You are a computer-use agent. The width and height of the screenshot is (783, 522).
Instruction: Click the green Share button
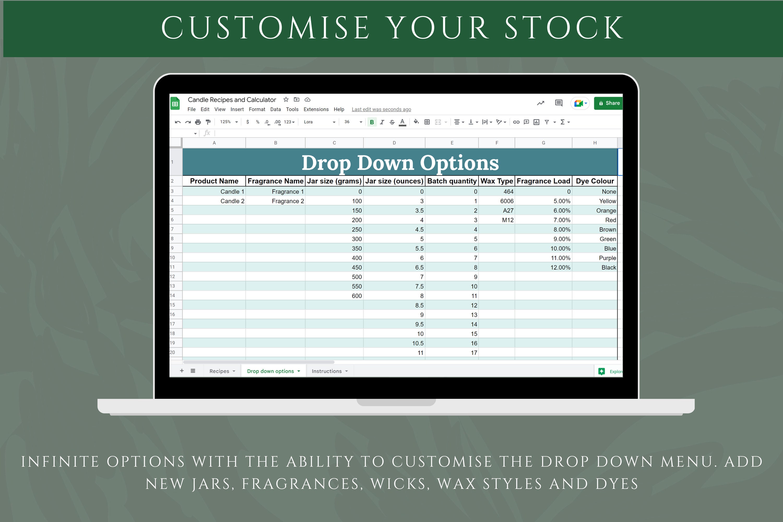pos(609,103)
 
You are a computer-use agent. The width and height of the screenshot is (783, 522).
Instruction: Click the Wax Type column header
pos(497,181)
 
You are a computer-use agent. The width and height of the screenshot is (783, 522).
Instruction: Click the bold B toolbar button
pos(372,122)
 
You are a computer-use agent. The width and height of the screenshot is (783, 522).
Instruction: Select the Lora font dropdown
pos(319,122)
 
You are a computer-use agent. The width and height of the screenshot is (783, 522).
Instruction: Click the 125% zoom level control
pos(228,122)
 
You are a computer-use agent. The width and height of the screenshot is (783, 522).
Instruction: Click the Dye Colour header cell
pos(595,181)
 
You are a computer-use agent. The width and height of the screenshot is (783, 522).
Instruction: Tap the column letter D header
pos(394,143)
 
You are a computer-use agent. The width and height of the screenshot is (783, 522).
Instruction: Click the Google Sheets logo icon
pos(175,104)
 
